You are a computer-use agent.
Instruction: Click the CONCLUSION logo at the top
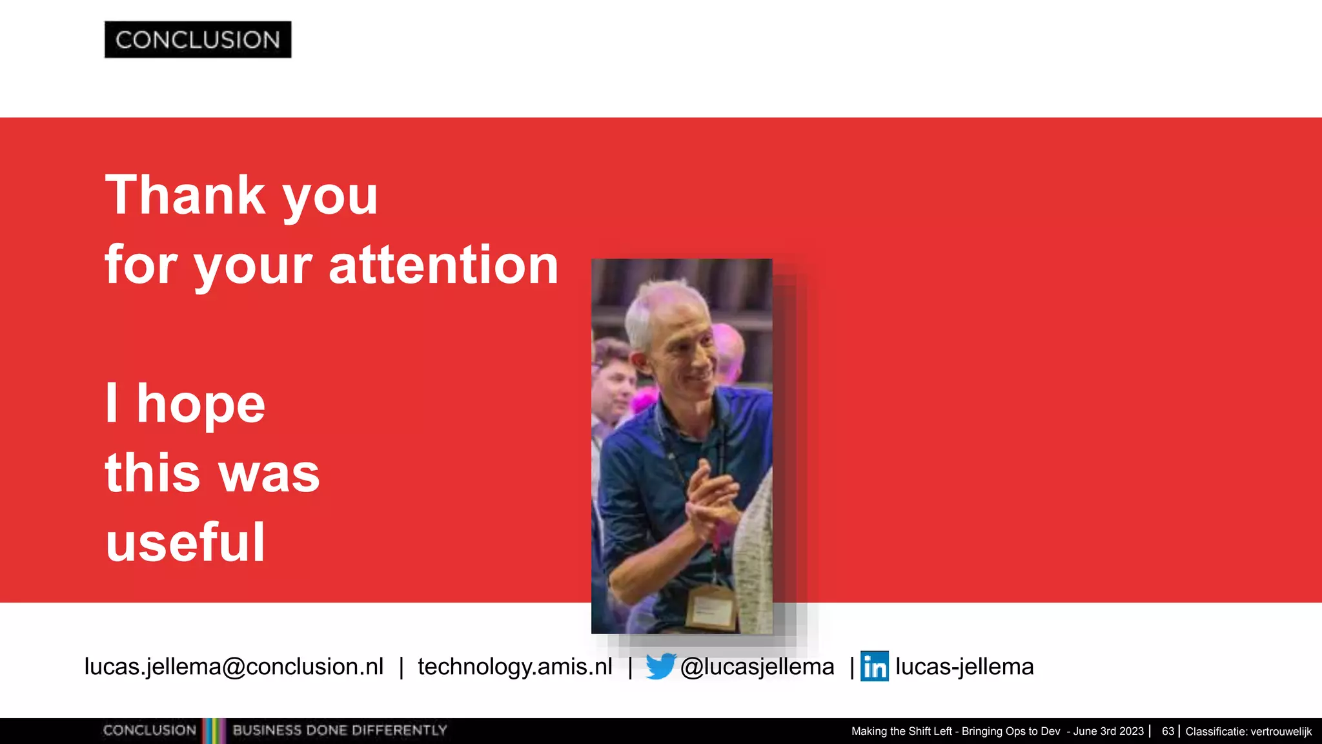coord(198,39)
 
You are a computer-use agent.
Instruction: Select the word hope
coord(201,404)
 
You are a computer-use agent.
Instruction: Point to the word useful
coord(185,542)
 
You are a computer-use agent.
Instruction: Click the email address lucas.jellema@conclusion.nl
coord(234,666)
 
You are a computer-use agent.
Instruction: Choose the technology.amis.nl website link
coord(515,666)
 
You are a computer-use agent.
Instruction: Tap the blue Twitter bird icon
coord(660,666)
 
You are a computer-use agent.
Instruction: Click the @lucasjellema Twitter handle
coord(757,666)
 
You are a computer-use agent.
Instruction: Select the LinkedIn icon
coord(875,666)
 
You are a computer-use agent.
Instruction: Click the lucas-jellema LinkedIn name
coord(964,666)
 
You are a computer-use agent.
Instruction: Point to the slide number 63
coord(1168,731)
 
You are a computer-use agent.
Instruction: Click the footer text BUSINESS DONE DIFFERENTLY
coord(340,730)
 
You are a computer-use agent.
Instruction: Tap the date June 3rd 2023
coord(1108,731)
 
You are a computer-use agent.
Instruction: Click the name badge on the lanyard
coord(711,608)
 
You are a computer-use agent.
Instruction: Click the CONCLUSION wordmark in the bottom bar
coord(149,730)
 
